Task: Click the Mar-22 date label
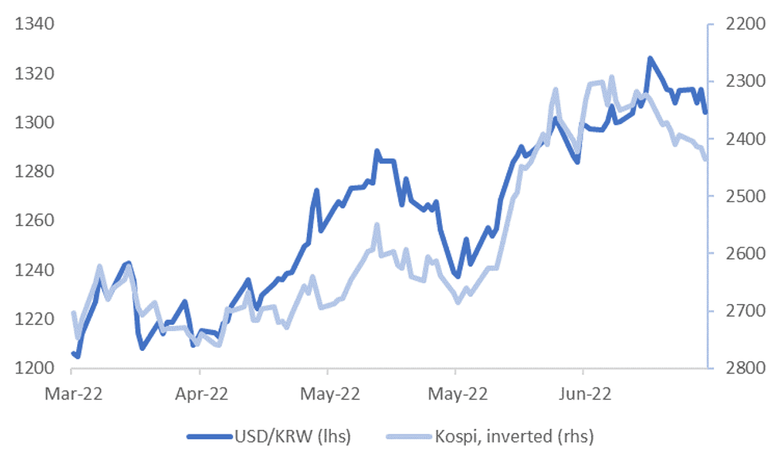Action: click(x=72, y=392)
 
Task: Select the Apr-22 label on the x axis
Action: click(x=200, y=392)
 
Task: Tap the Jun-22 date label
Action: click(x=583, y=392)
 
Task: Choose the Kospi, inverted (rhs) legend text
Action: click(x=517, y=436)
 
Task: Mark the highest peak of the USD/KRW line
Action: click(x=650, y=58)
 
